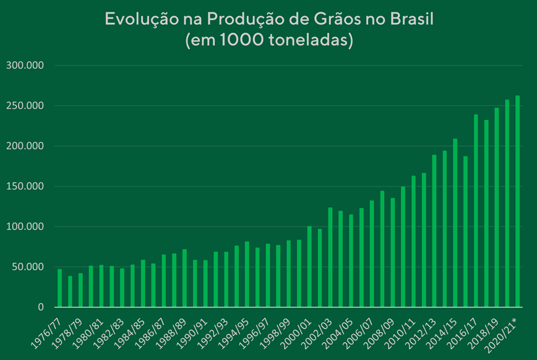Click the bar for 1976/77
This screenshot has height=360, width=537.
(x=59, y=288)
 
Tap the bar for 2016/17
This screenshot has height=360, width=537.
(x=476, y=210)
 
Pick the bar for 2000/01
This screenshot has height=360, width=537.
(x=309, y=267)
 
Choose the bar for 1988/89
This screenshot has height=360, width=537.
(x=184, y=278)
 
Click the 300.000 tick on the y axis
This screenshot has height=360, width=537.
(x=24, y=66)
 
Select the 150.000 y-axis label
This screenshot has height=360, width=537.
(x=24, y=186)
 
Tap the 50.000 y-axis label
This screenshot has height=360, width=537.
(x=27, y=267)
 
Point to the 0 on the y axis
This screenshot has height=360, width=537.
(x=41, y=307)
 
